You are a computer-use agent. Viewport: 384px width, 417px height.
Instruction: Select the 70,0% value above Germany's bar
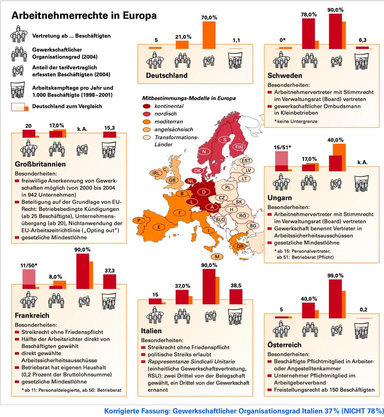pyautogui.click(x=209, y=17)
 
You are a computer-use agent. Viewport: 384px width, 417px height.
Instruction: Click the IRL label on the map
pyautogui.click(x=156, y=173)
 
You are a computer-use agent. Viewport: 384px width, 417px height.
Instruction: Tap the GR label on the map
pyautogui.click(x=240, y=246)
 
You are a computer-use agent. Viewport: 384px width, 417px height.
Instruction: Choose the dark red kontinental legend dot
pyautogui.click(x=146, y=106)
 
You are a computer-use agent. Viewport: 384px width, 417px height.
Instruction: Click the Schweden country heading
pyautogui.click(x=284, y=75)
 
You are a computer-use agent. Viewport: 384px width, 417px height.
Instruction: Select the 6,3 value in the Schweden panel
pyautogui.click(x=363, y=40)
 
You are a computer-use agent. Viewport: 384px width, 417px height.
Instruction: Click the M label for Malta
pyautogui.click(x=217, y=256)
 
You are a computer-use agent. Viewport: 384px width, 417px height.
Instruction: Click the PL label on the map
pyautogui.click(x=228, y=187)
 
